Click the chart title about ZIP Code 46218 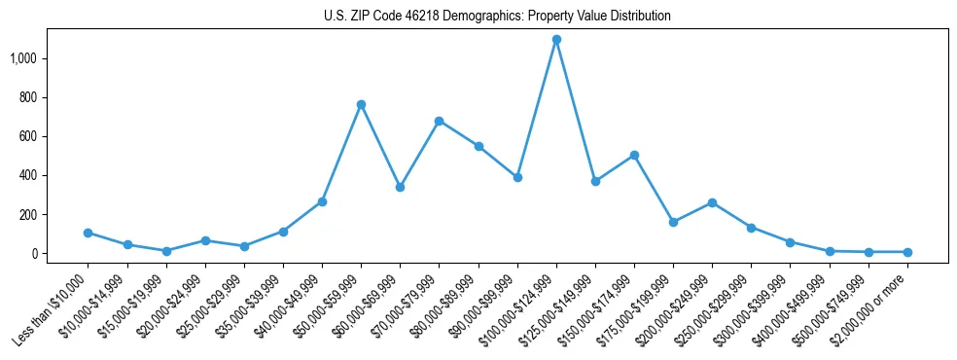coord(497,17)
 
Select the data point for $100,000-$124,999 coord(556,40)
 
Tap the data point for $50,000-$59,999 coord(361,104)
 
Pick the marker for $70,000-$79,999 coord(439,121)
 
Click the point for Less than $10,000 coord(88,233)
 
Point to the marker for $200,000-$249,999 coord(712,202)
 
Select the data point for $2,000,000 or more coord(907,252)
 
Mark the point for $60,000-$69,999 coord(400,187)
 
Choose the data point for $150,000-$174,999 coord(634,155)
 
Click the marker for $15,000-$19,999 coord(166,251)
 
